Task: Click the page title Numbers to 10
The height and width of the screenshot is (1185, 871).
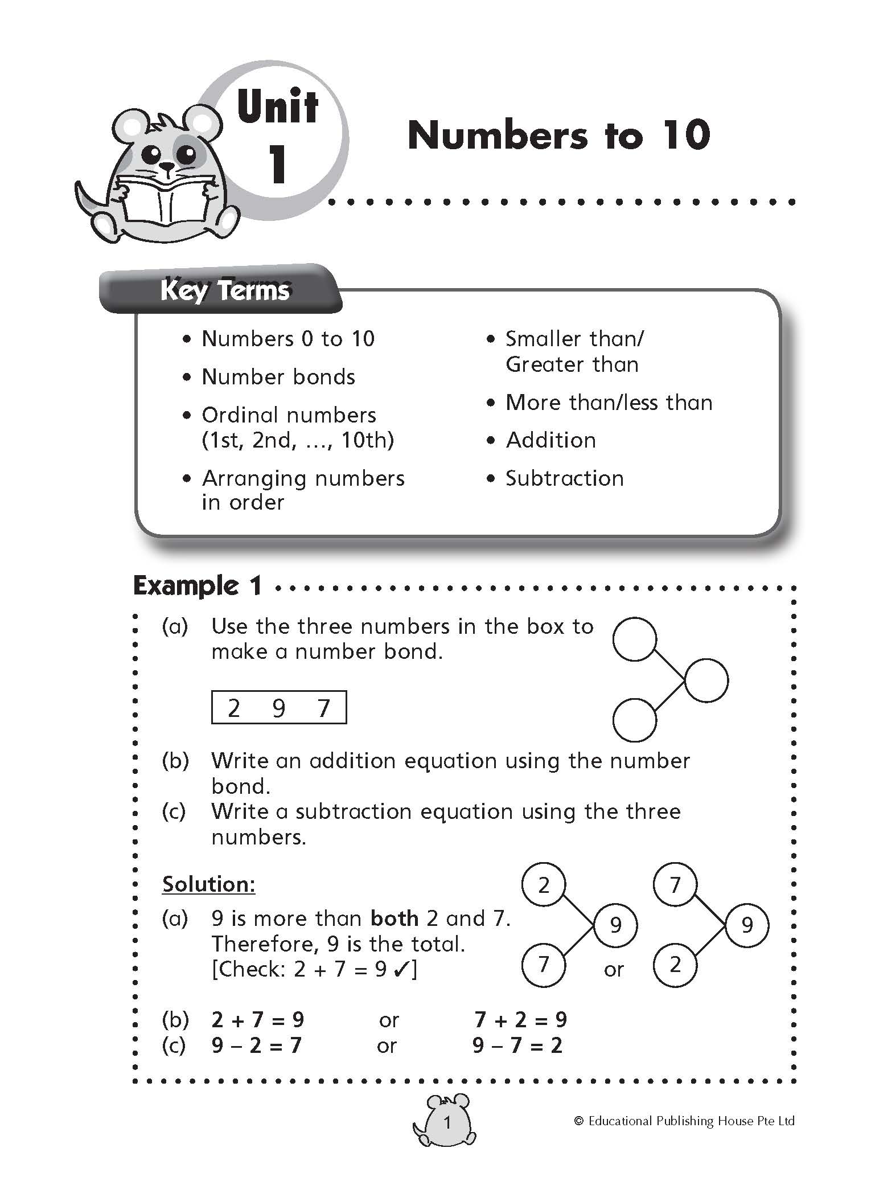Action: pyautogui.click(x=558, y=136)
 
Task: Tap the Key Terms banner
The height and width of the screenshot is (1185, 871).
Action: pyautogui.click(x=225, y=291)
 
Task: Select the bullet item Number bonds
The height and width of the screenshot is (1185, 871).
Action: pyautogui.click(x=278, y=377)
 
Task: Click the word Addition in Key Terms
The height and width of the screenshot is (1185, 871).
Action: pyautogui.click(x=550, y=440)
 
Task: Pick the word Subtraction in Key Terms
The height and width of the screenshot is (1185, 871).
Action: pyautogui.click(x=564, y=478)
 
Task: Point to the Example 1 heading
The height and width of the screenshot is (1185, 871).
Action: pyautogui.click(x=197, y=585)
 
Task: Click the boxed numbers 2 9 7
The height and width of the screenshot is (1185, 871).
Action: pyautogui.click(x=279, y=708)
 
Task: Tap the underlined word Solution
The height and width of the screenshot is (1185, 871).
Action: pyautogui.click(x=208, y=884)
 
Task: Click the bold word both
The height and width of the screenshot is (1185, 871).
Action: pyautogui.click(x=394, y=919)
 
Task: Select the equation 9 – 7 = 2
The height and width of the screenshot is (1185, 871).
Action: pyautogui.click(x=517, y=1045)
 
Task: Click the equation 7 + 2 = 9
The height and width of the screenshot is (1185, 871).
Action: pyautogui.click(x=520, y=1019)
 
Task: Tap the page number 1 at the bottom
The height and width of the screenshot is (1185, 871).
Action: pyautogui.click(x=447, y=1122)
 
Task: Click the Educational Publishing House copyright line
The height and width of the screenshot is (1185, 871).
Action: pyautogui.click(x=684, y=1121)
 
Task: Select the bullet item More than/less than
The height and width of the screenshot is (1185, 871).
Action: pyautogui.click(x=609, y=403)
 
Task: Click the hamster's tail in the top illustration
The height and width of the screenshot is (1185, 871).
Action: pyautogui.click(x=85, y=199)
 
